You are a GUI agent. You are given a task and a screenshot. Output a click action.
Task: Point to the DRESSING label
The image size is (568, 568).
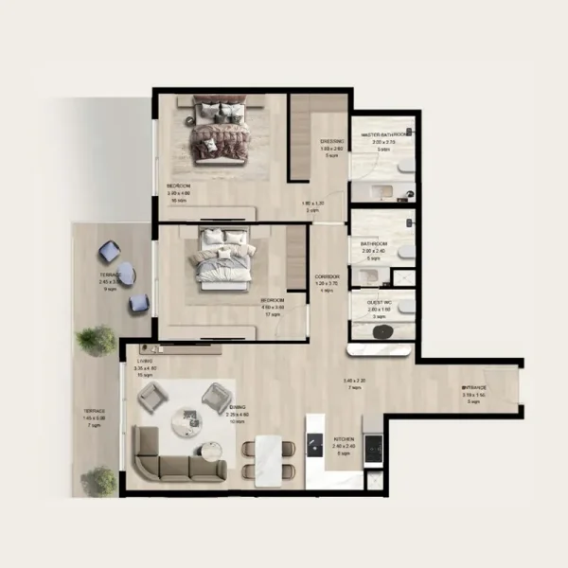[331, 140]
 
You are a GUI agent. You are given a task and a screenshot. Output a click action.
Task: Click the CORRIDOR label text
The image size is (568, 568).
[327, 275]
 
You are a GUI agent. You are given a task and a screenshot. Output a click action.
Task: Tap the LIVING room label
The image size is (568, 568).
[145, 361]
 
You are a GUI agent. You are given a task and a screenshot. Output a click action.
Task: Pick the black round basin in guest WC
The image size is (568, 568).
[383, 331]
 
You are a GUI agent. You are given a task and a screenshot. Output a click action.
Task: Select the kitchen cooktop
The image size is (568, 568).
[373, 445]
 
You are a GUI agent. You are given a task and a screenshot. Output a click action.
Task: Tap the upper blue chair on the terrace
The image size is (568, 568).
[111, 252]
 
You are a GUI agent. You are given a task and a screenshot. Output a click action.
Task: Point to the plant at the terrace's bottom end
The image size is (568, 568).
[98, 483]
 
